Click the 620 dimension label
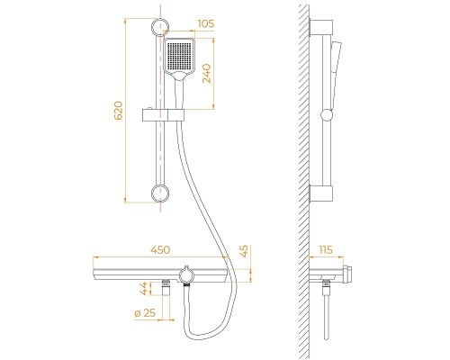tap(119, 111)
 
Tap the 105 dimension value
tap(206, 23)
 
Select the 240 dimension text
tap(207, 74)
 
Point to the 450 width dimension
tap(160, 250)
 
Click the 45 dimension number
tap(245, 251)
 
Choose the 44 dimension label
tap(144, 288)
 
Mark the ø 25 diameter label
tap(145, 313)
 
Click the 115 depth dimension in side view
tap(326, 249)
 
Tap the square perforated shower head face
tap(179, 56)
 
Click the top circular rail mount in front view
tap(160, 27)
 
